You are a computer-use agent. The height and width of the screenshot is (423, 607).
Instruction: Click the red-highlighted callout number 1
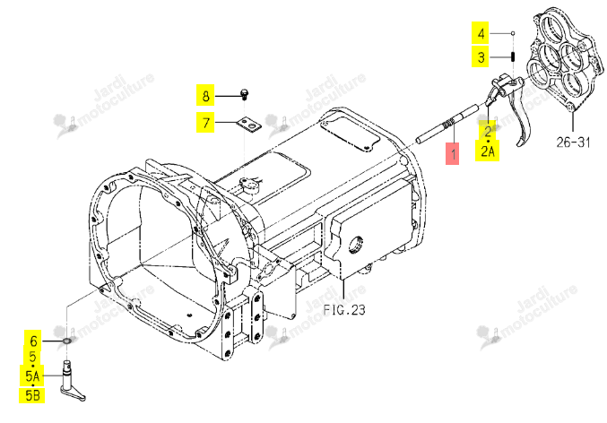(452, 153)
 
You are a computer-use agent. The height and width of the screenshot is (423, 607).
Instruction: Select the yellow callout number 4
(481, 33)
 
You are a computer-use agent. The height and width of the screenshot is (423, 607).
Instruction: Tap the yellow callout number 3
(481, 56)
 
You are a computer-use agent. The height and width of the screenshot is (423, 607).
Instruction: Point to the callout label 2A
(488, 151)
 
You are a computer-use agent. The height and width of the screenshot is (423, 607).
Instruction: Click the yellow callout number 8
(205, 95)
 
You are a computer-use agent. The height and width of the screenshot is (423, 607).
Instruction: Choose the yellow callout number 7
(205, 122)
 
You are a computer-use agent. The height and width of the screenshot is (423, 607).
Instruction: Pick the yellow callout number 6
(33, 341)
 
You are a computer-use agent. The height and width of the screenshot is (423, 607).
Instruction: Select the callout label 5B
(31, 395)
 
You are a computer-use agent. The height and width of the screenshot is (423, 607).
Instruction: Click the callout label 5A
(32, 376)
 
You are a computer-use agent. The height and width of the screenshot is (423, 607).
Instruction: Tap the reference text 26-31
(573, 142)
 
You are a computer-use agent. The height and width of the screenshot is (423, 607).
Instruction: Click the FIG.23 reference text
(344, 309)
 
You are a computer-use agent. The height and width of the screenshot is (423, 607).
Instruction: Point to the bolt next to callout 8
(244, 94)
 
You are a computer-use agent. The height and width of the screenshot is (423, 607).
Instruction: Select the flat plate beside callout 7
(248, 125)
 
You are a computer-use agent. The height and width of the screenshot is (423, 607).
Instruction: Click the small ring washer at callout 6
(66, 341)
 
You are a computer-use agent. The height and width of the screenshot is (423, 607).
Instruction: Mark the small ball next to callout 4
(512, 33)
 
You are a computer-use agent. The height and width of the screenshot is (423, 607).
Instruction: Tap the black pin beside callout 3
(512, 56)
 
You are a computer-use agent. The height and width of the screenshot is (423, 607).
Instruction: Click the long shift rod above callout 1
(447, 124)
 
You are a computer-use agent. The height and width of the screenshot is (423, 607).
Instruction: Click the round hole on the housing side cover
(356, 244)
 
